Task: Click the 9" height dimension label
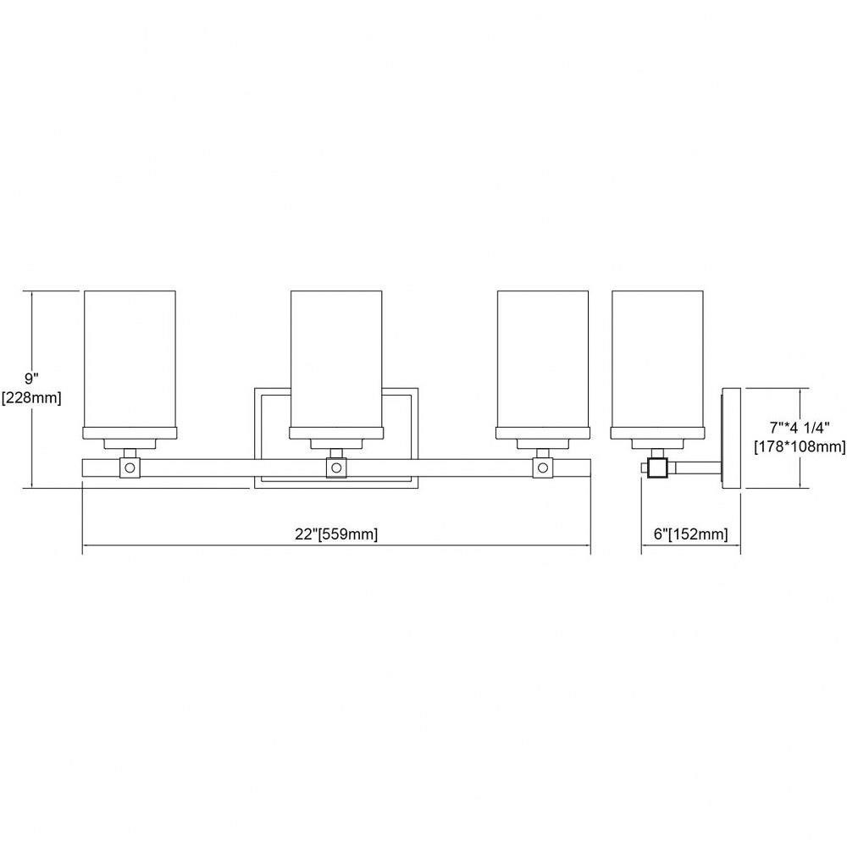32,379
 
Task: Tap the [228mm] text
32,398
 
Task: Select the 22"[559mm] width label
336,534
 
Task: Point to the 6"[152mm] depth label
691,534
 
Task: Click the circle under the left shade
130,468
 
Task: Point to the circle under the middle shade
336,468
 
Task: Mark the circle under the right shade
542,468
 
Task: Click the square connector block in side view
657,468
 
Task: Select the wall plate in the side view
732,438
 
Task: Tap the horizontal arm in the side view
695,468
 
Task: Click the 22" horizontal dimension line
336,545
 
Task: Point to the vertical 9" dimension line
34,390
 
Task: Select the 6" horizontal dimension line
691,545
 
